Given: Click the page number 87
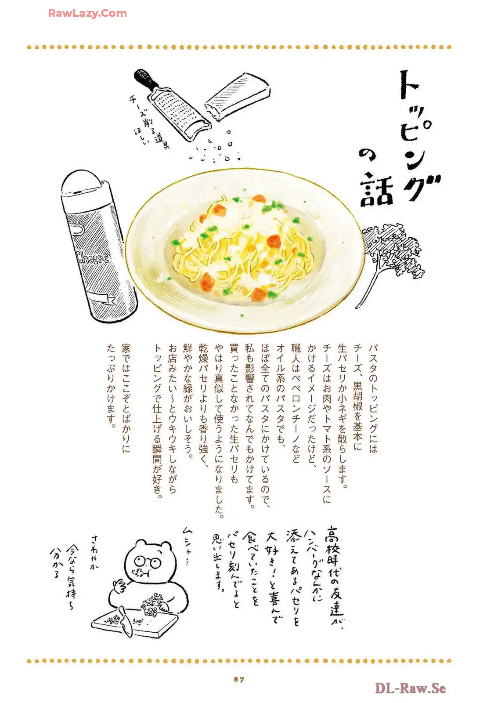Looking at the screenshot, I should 239,679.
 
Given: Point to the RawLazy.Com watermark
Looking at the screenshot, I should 87,13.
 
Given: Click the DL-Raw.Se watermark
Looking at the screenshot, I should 410,688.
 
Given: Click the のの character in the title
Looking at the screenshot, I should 367,154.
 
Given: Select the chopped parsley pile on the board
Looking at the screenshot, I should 152,605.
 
